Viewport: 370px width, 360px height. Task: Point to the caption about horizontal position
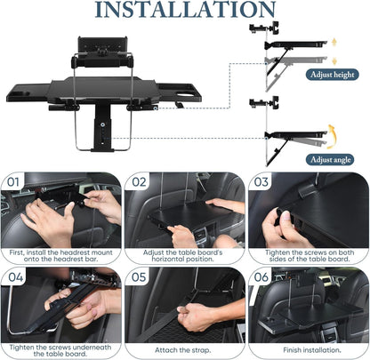(x=184, y=258)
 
